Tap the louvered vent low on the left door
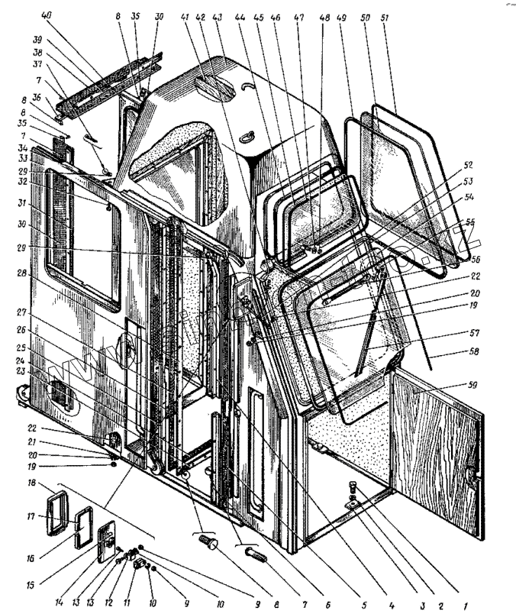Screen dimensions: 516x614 (60, 393)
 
